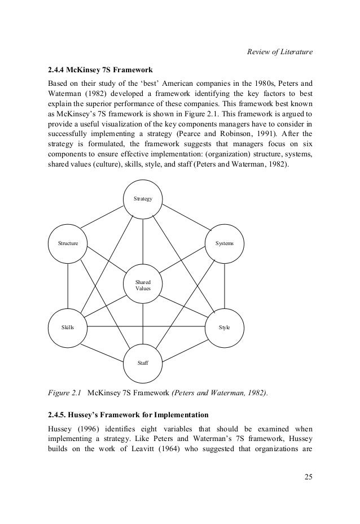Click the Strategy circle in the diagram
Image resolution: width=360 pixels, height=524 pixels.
pyautogui.click(x=143, y=199)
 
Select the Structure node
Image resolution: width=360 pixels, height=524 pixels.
pyautogui.click(x=68, y=243)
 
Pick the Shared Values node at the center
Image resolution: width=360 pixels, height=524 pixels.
pyautogui.click(x=143, y=285)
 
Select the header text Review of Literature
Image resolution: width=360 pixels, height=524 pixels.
pyautogui.click(x=279, y=53)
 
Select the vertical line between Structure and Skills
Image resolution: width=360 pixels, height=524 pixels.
pyautogui.click(x=68, y=285)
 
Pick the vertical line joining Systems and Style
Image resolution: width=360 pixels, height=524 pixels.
pyautogui.click(x=225, y=285)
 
